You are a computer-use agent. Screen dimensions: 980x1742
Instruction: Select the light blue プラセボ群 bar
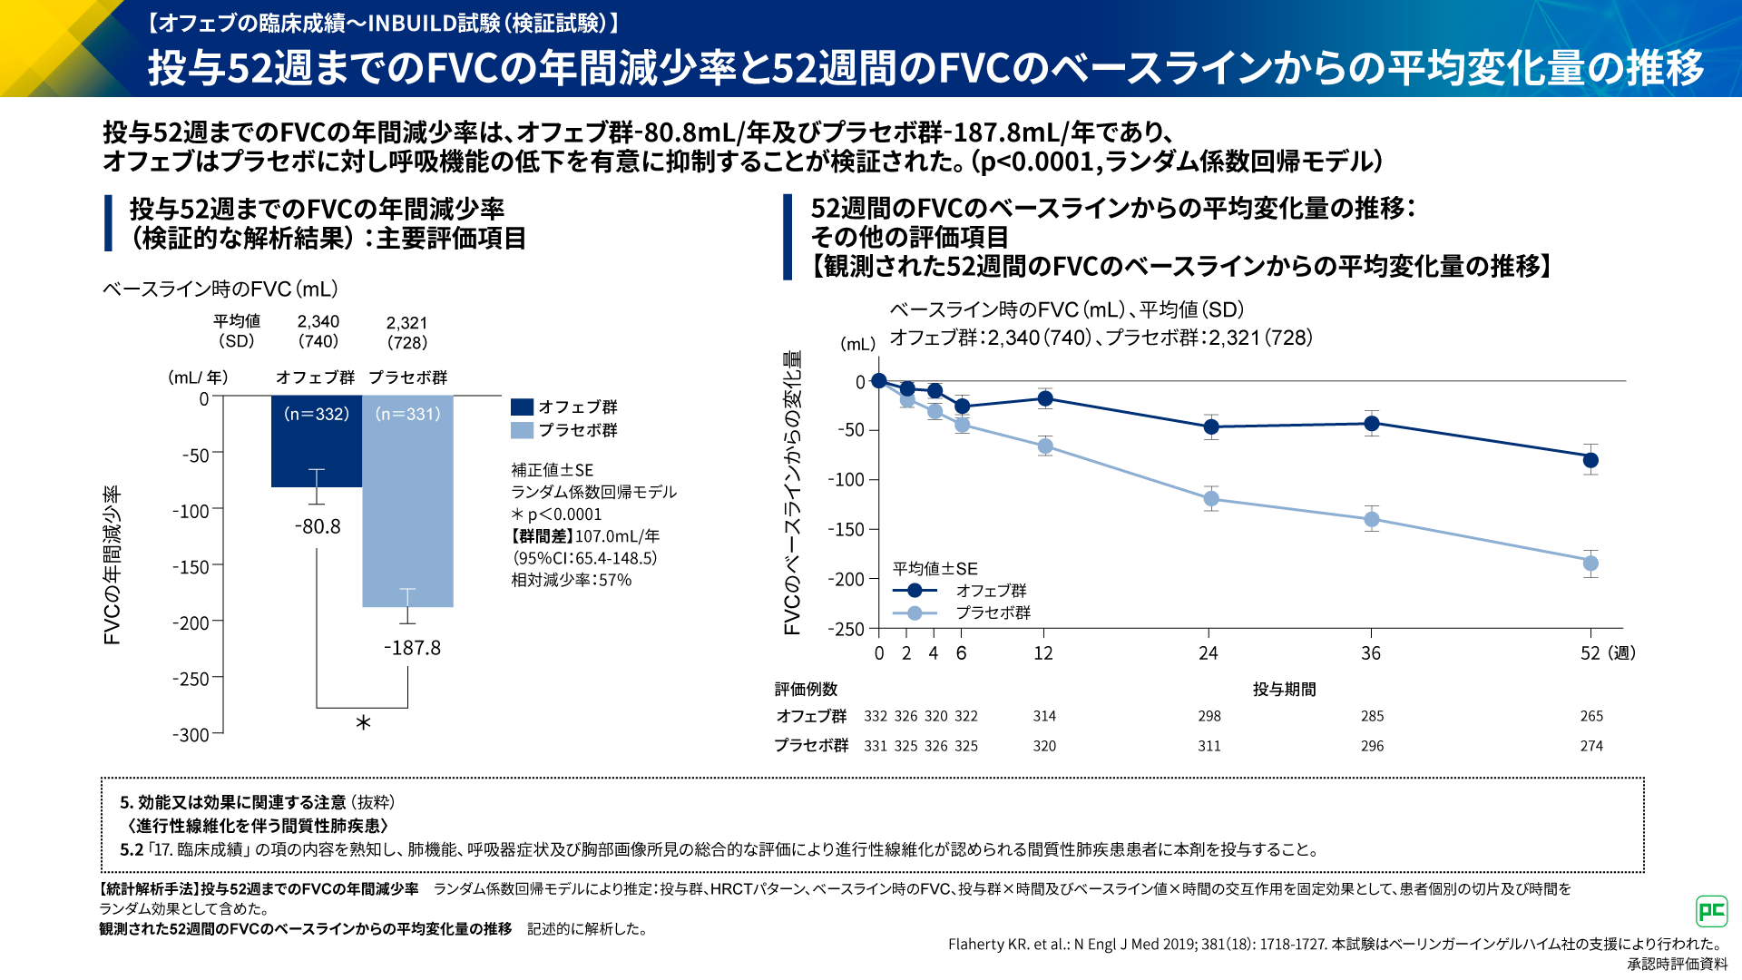tap(407, 508)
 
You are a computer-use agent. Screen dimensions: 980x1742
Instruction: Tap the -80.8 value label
tap(318, 526)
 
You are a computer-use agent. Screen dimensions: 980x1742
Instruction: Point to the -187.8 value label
tap(412, 648)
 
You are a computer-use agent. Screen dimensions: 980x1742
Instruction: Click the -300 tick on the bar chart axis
tap(191, 735)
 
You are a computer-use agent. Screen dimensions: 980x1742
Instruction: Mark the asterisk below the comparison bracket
tap(363, 723)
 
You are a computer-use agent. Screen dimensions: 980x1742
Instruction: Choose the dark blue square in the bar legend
tap(522, 407)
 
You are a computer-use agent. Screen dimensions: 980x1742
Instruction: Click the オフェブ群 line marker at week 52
tap(1590, 460)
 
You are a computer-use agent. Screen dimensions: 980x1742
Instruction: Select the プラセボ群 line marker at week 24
tap(1211, 498)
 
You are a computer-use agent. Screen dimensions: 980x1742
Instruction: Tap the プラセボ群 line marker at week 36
tap(1372, 519)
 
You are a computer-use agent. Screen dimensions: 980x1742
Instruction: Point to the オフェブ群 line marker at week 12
tap(1045, 398)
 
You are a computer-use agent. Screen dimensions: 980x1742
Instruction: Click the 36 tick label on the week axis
tap(1371, 653)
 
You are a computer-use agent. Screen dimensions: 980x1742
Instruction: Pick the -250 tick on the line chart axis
tap(847, 629)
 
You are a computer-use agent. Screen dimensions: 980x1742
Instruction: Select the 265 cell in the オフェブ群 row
tap(1591, 716)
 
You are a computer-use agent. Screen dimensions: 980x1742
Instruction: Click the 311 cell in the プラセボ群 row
tap(1209, 746)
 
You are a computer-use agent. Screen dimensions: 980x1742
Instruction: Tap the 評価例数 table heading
tap(806, 690)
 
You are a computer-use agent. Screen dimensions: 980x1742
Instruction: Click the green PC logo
tap(1711, 911)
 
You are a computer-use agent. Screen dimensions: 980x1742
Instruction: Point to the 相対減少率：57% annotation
tap(572, 580)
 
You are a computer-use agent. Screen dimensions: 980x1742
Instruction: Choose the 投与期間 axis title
tap(1284, 690)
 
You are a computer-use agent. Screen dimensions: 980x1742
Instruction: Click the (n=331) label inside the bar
tap(407, 414)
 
